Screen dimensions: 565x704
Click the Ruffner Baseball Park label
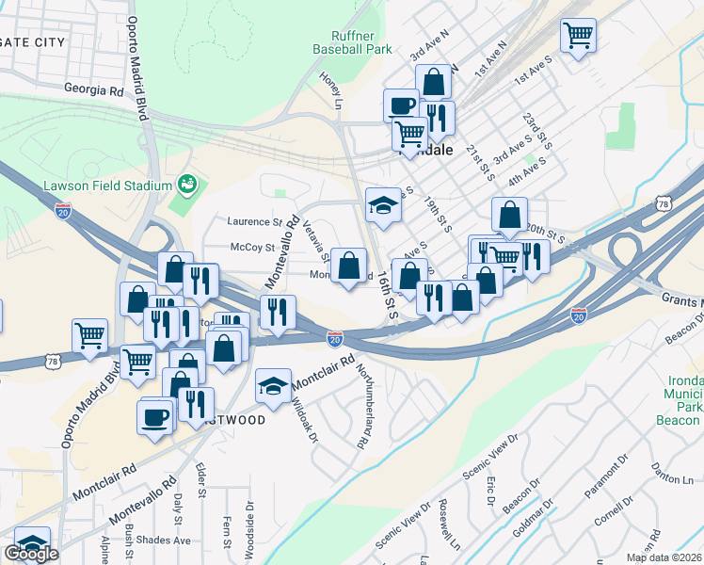click(x=352, y=42)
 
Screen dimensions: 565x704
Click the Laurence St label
click(x=254, y=222)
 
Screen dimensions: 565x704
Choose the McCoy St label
click(x=251, y=249)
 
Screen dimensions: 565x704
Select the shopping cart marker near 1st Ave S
click(x=578, y=37)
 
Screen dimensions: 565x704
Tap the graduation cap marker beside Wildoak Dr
click(x=273, y=386)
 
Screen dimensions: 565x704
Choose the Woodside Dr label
click(x=249, y=531)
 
